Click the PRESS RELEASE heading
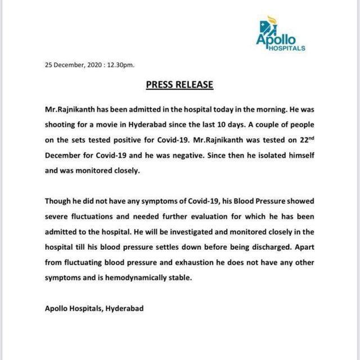pos(179,85)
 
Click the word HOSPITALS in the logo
pos(286,48)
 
